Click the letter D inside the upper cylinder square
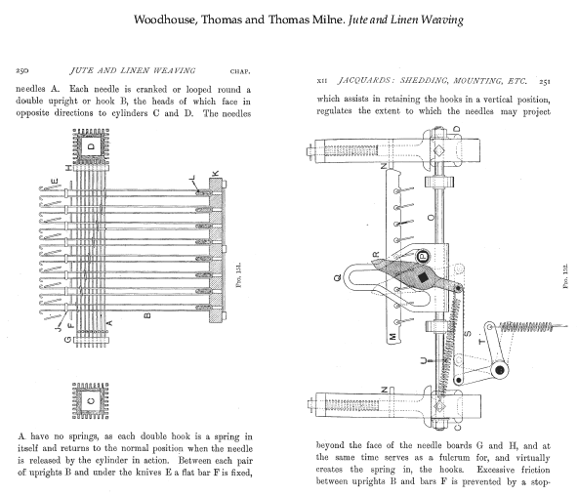91,146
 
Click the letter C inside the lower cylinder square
91,400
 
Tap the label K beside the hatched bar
216,173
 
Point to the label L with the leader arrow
192,178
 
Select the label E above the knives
55,181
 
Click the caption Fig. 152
565,276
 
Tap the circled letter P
424,256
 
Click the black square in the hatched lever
423,277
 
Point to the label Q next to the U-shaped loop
338,278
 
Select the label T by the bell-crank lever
481,342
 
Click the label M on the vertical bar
392,337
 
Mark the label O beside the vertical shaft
431,218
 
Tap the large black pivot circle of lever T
500,370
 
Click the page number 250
22,70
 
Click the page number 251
545,81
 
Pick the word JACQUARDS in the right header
363,80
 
